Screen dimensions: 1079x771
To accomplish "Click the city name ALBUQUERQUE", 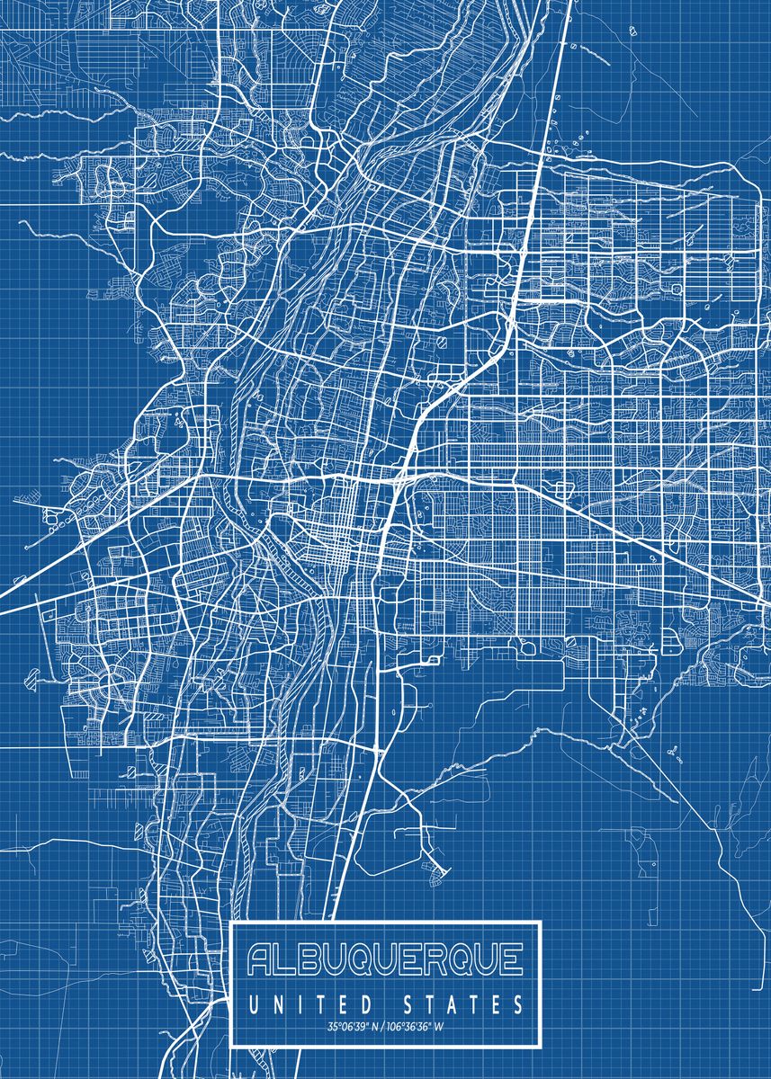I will [385, 961].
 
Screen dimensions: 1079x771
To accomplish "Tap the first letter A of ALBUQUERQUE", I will [262, 961].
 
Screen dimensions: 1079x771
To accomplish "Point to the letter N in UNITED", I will [274, 1003].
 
